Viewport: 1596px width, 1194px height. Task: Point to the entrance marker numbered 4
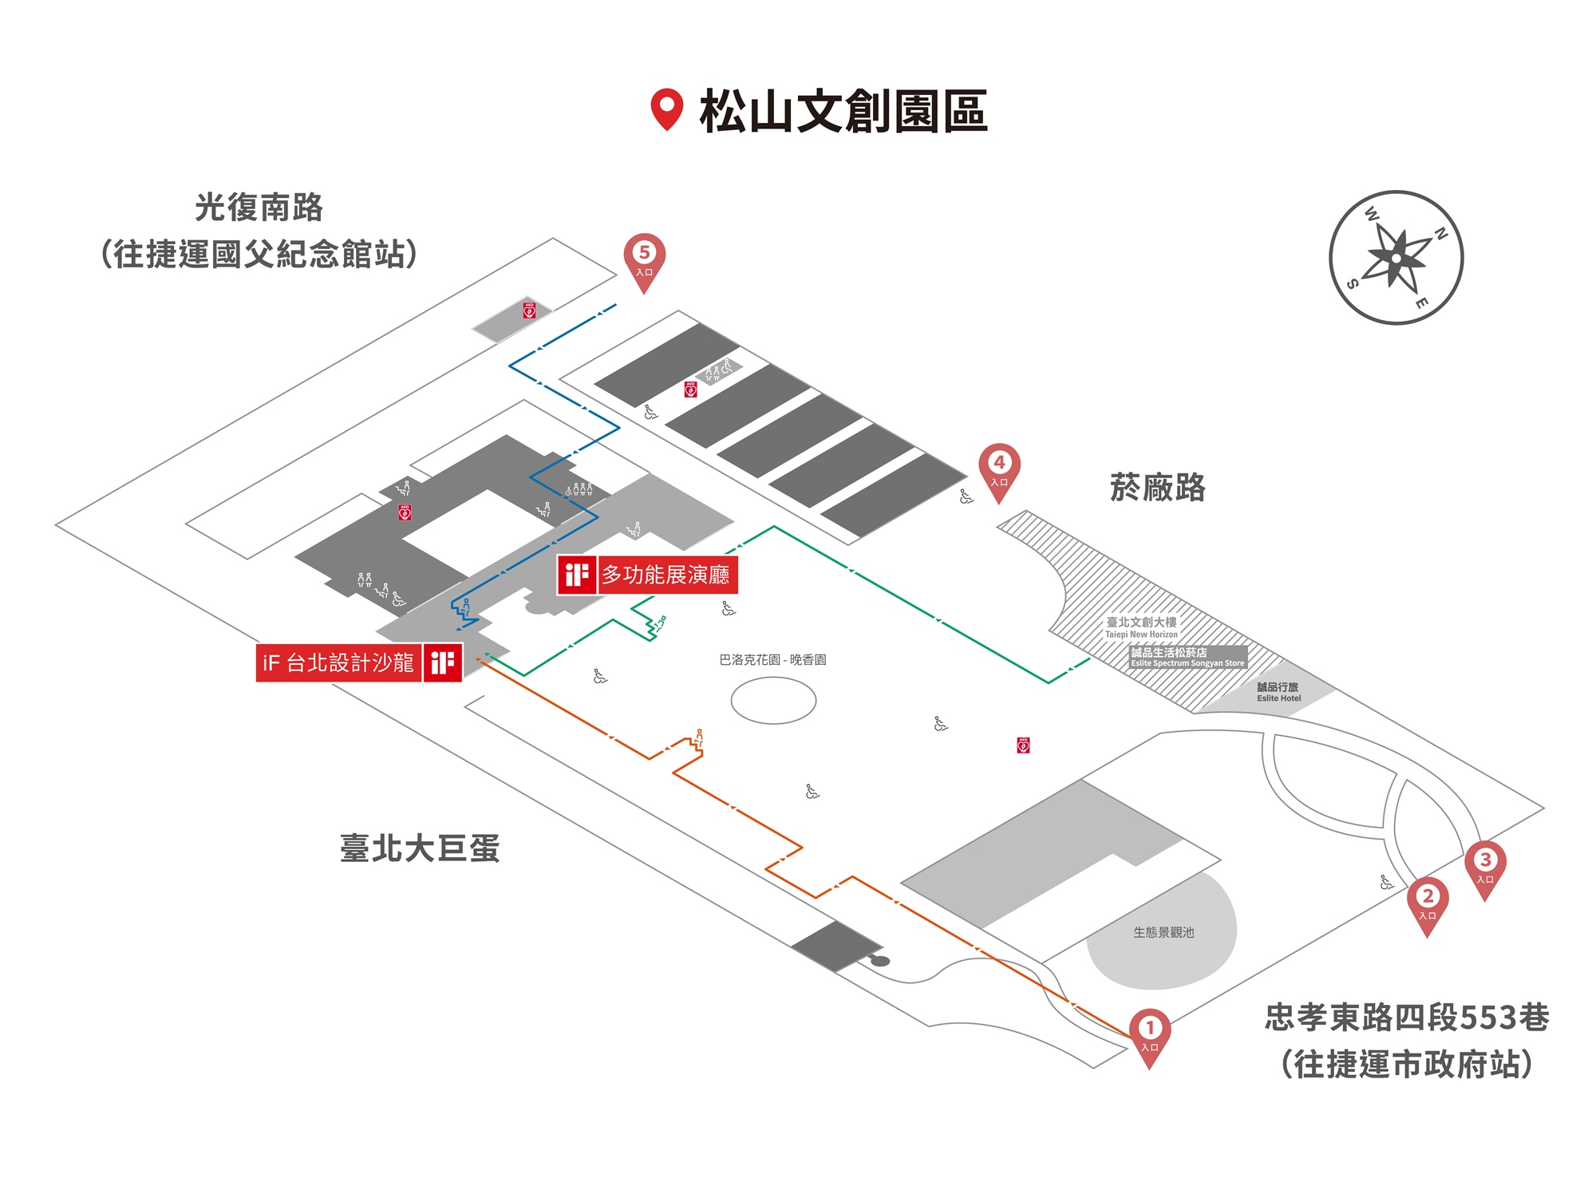tap(999, 467)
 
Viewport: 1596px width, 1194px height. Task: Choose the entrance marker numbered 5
tap(644, 257)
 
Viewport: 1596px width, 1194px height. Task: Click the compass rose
tap(1396, 258)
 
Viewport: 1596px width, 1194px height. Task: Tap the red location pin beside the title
tap(666, 109)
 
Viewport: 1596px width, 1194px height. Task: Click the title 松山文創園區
tap(843, 111)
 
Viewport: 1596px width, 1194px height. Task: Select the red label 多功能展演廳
tap(665, 575)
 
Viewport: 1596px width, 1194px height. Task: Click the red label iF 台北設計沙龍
tap(338, 662)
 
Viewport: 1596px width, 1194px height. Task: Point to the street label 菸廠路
tap(1157, 487)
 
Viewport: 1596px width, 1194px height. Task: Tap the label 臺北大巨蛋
tap(420, 848)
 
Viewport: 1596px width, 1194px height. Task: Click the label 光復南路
tap(259, 208)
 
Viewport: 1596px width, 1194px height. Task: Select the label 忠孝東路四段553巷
tap(1407, 1018)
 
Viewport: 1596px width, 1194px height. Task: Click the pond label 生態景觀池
tap(1163, 932)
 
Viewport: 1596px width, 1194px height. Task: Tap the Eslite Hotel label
tap(1278, 692)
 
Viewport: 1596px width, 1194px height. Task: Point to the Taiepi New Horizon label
tap(1141, 627)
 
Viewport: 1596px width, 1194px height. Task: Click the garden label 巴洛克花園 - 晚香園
tap(772, 660)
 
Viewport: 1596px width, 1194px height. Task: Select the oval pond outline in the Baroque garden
tap(773, 700)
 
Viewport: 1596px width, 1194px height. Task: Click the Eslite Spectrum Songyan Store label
tap(1187, 657)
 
